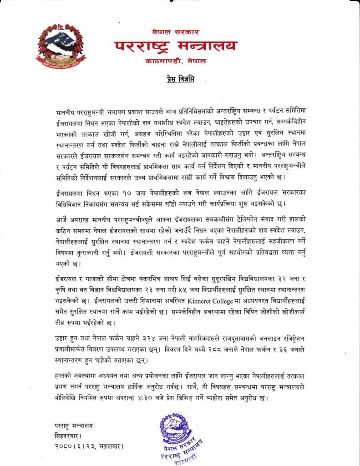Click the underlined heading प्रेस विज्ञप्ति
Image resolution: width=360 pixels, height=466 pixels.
click(180, 80)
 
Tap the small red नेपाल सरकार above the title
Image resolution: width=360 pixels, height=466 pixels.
click(175, 31)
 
